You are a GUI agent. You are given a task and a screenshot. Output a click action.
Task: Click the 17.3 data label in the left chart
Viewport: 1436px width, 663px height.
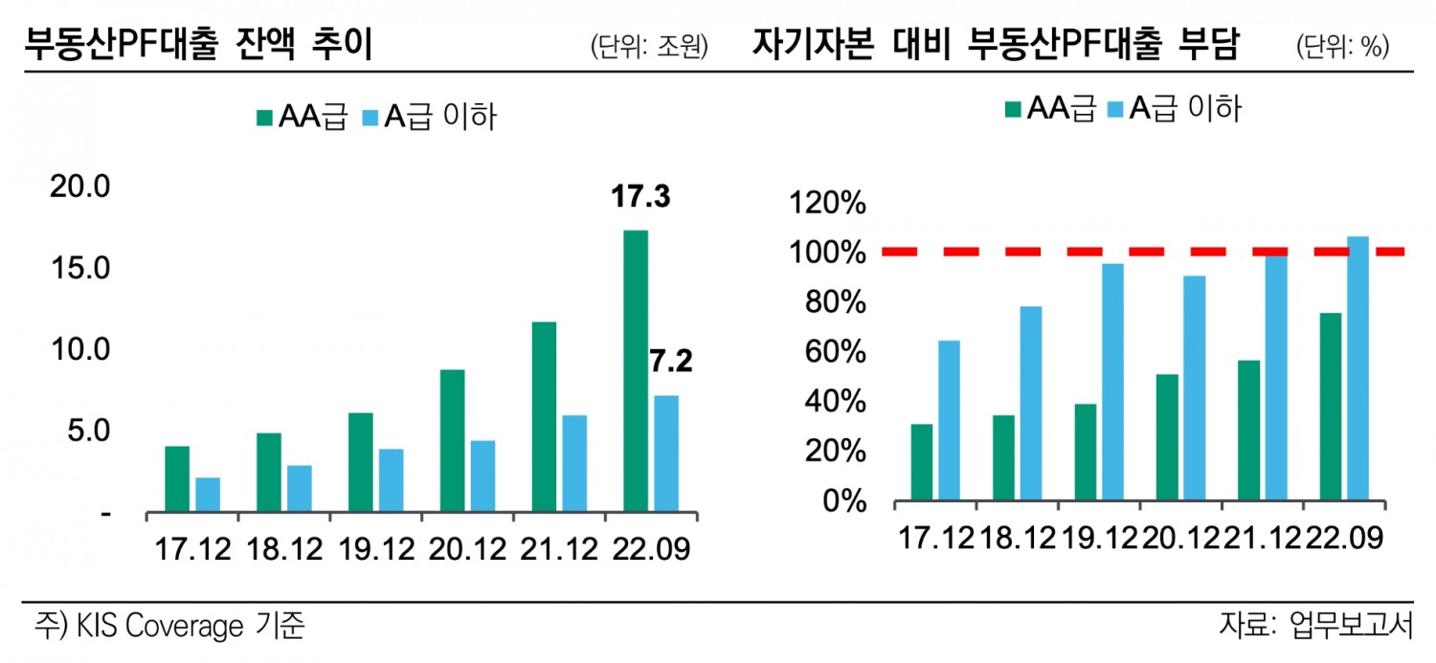(x=640, y=198)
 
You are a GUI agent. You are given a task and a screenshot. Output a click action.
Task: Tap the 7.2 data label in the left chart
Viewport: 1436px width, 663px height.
(x=670, y=362)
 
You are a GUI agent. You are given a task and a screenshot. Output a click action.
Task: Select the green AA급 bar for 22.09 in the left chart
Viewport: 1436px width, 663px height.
(x=636, y=371)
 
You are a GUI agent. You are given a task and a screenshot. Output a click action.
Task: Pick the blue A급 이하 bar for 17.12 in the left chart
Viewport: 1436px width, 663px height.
(x=208, y=495)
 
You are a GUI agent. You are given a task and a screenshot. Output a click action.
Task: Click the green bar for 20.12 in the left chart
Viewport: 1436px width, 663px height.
(x=452, y=440)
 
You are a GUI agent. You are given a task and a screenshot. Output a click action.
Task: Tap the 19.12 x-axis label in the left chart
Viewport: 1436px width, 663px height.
(x=373, y=550)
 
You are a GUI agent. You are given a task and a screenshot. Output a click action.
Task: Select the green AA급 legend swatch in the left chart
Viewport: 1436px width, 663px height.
(x=264, y=118)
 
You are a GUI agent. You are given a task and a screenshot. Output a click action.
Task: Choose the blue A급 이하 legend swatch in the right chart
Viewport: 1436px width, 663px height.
(x=1115, y=108)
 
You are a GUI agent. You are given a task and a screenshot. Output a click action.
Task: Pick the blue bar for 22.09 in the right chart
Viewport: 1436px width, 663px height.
(x=1357, y=368)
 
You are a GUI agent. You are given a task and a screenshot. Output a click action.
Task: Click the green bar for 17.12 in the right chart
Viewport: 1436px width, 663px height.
(x=922, y=462)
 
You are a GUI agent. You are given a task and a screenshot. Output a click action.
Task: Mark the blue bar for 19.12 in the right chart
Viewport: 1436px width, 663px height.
(x=1111, y=382)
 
